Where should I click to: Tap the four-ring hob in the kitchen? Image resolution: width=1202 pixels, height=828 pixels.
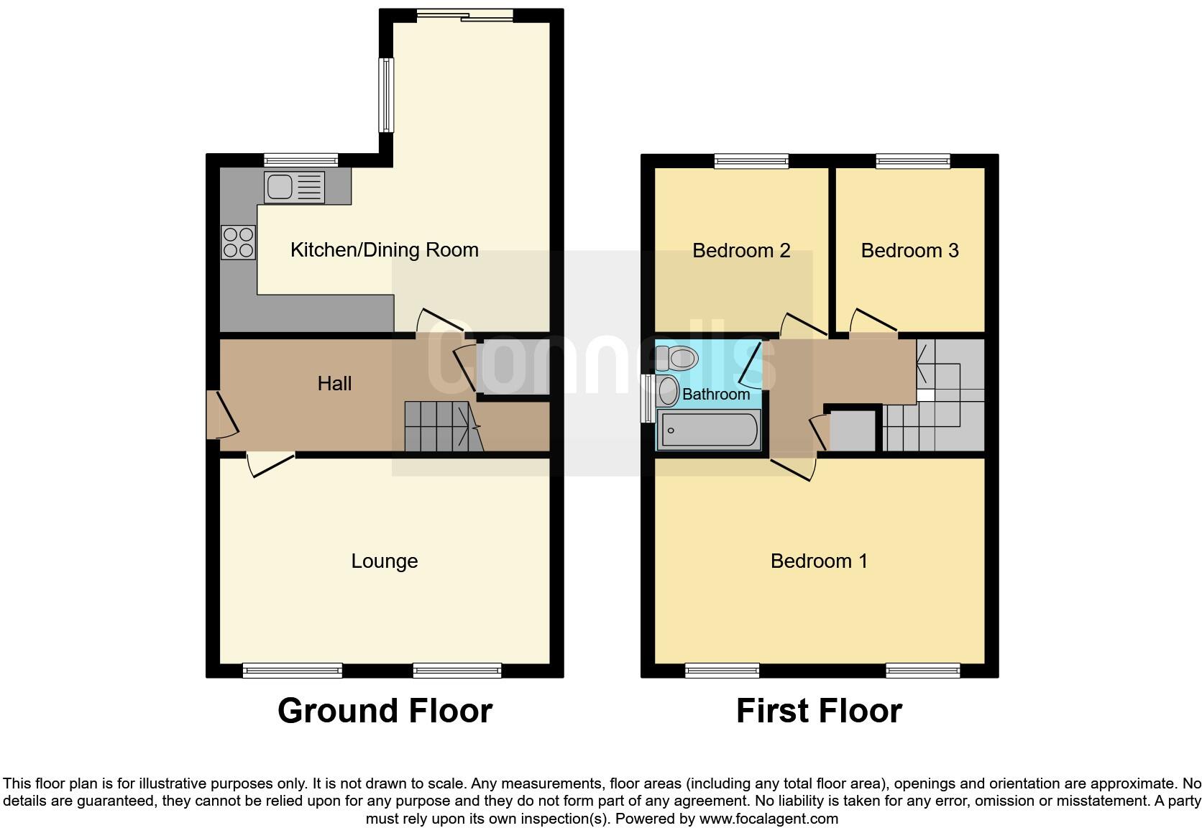[x=239, y=242]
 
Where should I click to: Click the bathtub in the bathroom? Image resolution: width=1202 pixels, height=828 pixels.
[x=709, y=430]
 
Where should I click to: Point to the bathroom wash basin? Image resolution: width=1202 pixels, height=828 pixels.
[x=668, y=391]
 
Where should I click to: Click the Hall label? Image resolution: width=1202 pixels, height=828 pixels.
[x=334, y=383]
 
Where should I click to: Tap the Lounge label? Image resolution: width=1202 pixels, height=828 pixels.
[x=384, y=561]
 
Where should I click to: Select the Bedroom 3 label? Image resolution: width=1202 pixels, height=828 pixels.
[x=909, y=250]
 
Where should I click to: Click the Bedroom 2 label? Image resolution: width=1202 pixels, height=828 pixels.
[x=741, y=250]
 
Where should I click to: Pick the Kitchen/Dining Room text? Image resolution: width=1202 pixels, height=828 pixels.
[x=384, y=249]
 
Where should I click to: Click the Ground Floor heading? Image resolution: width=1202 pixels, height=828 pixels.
[x=385, y=710]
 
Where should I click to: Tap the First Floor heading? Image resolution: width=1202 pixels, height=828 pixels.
[x=819, y=710]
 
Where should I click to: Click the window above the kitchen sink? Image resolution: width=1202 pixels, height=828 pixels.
[x=300, y=160]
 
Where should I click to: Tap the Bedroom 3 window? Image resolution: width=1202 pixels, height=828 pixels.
[x=913, y=161]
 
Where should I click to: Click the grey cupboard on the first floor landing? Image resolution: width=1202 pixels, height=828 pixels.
[x=853, y=431]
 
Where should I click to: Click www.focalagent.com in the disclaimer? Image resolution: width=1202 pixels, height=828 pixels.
[x=769, y=818]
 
